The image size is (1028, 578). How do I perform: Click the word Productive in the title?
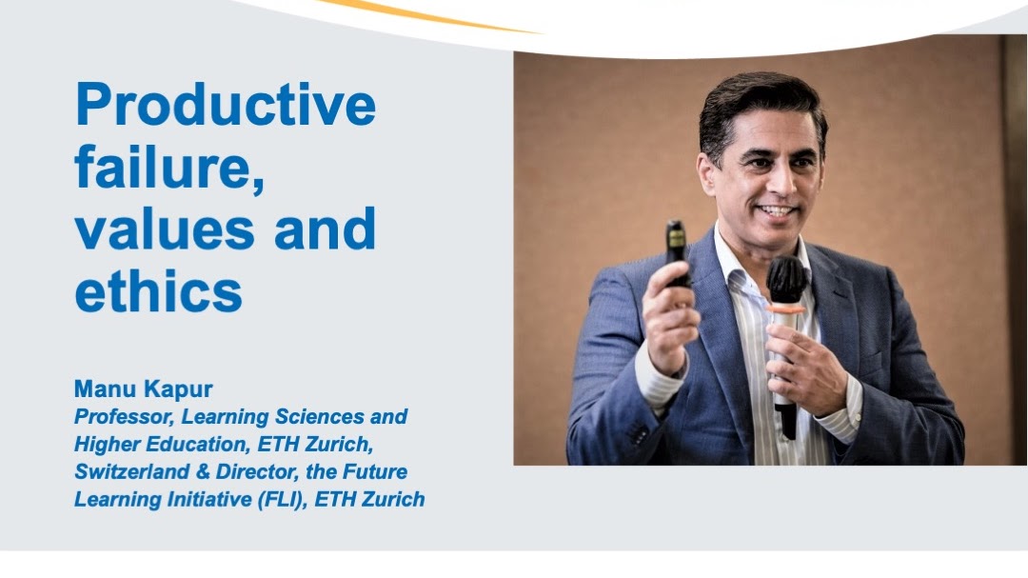tap(226, 104)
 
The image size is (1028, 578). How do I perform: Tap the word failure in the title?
tap(169, 167)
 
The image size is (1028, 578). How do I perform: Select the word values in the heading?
tap(165, 229)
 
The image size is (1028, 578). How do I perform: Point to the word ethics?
tap(159, 290)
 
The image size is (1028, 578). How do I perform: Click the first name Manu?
tap(105, 389)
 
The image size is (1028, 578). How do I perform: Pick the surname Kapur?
tap(178, 389)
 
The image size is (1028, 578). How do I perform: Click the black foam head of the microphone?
tap(786, 280)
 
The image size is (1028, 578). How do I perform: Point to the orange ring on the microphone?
tap(786, 308)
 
